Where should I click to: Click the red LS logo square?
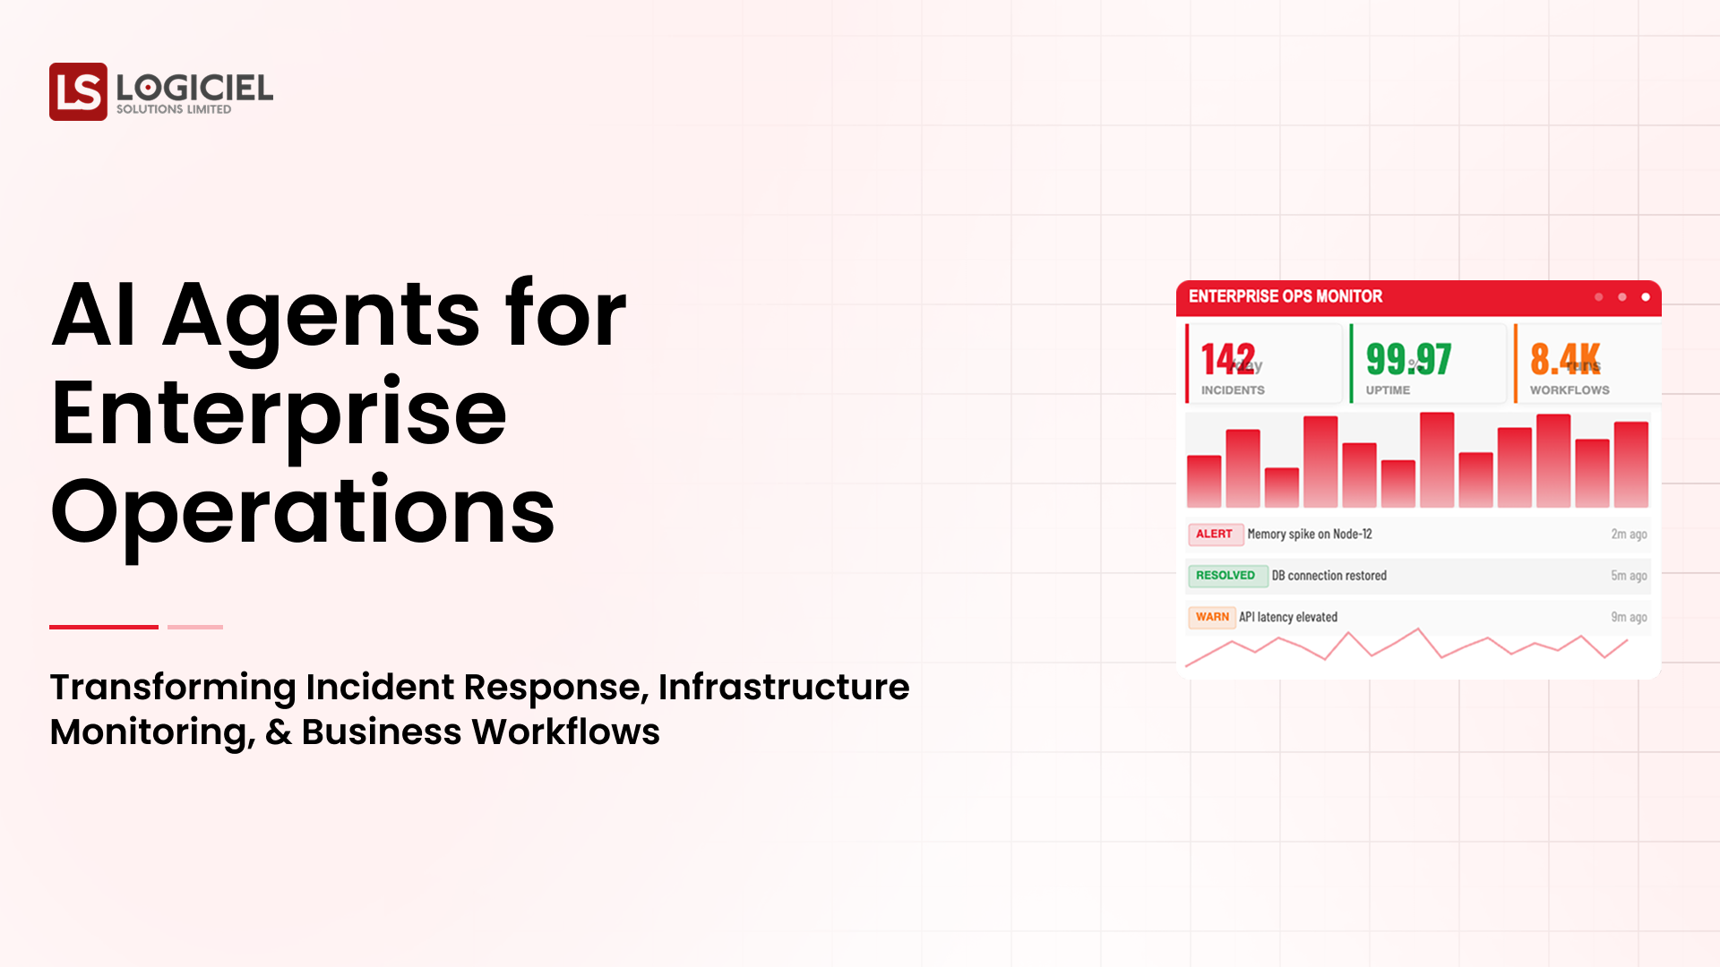click(78, 91)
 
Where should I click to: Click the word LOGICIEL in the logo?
click(194, 88)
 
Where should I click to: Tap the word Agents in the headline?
click(322, 315)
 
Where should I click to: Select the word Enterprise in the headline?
click(279, 414)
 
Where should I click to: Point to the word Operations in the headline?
click(303, 512)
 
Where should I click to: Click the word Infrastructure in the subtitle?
click(784, 688)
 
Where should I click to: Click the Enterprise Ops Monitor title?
click(1285, 296)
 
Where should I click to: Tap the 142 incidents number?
click(1227, 359)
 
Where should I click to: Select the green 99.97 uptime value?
click(1408, 359)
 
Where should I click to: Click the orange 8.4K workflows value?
click(1564, 359)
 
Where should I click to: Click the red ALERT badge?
click(1214, 534)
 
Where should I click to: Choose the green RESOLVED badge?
click(1225, 576)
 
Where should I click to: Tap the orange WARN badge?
click(1211, 617)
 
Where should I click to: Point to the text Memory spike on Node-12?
click(1309, 535)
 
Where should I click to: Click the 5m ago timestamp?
click(1628, 576)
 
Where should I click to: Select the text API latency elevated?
click(1287, 617)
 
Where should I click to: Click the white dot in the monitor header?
click(1645, 297)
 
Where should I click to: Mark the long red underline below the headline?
click(104, 627)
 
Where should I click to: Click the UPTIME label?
click(1388, 390)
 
